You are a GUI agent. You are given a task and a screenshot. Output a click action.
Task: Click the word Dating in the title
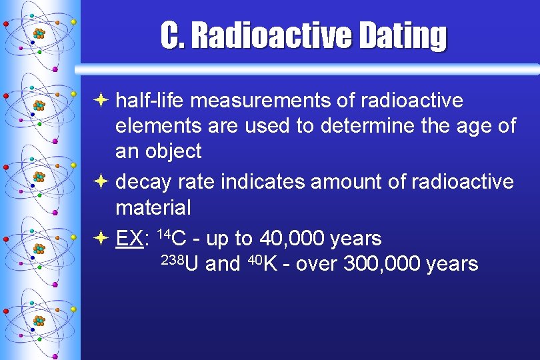point(402,36)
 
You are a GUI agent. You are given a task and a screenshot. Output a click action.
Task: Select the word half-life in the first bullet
point(150,101)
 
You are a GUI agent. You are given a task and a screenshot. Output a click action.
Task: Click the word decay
point(142,182)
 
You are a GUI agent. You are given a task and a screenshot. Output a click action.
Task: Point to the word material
point(153,207)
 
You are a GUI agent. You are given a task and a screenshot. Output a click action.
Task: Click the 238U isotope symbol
point(180,263)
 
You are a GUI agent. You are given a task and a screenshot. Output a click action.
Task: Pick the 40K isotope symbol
point(262,263)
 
